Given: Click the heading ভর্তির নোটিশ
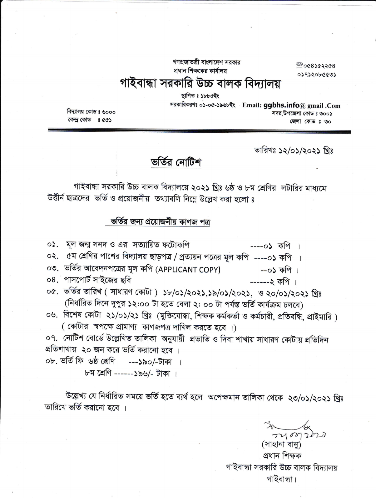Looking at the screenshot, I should pyautogui.click(x=176, y=163).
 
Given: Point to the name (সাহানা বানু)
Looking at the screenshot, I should pyautogui.click(x=281, y=444).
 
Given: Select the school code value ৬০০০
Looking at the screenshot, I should pyautogui.click(x=109, y=112).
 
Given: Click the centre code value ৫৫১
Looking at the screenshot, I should pyautogui.click(x=106, y=120).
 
